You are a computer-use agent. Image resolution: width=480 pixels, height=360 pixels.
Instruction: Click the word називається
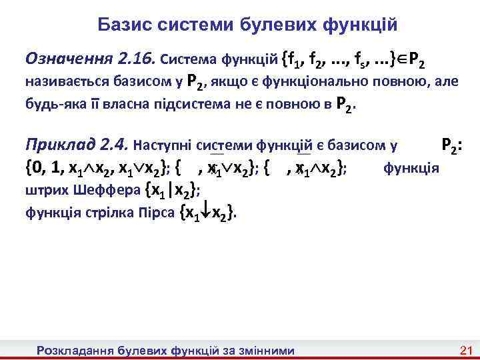(64, 83)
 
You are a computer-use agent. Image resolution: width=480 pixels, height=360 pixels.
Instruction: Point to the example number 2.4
(113, 145)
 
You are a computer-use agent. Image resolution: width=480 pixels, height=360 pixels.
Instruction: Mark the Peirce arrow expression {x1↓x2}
(207, 213)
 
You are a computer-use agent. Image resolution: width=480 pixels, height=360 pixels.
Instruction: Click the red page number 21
(466, 351)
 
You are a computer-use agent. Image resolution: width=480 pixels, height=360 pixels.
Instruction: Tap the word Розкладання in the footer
(75, 351)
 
